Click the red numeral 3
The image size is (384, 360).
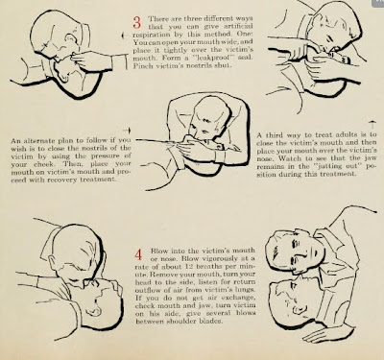[137, 22]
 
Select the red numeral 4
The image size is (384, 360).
[138, 254]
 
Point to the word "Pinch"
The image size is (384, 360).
[141, 66]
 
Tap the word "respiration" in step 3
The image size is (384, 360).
[148, 35]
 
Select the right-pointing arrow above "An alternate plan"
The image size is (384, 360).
[127, 131]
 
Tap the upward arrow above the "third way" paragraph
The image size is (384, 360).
[372, 125]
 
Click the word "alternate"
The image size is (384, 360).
[37, 140]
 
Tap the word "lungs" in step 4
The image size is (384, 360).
[247, 290]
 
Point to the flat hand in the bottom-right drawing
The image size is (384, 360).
[324, 333]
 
